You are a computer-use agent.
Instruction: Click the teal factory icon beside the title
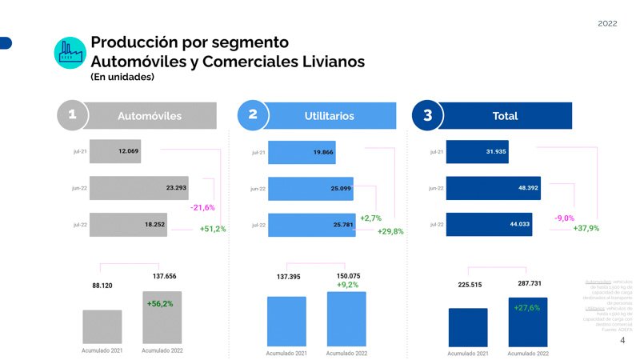[x=70, y=52]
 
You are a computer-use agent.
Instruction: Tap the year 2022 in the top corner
[x=607, y=23]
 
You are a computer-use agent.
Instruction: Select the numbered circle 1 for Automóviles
[x=72, y=115]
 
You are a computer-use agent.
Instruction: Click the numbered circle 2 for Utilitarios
[x=253, y=115]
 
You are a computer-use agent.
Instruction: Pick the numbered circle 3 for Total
[x=427, y=115]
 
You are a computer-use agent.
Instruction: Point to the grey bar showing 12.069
[x=115, y=151]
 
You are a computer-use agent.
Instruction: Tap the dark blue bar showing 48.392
[x=493, y=188]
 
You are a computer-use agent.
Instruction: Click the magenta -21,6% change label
[x=202, y=207]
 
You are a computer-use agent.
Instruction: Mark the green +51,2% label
[x=213, y=229]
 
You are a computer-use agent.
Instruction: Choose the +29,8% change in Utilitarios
[x=390, y=231]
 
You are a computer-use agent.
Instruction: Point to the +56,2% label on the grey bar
[x=160, y=304]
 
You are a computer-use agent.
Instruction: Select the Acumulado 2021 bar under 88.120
[x=102, y=326]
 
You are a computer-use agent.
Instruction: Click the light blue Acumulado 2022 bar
[x=346, y=320]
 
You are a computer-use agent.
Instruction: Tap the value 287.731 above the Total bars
[x=525, y=284]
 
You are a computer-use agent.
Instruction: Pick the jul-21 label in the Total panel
[x=436, y=152]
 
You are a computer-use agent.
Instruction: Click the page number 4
[x=622, y=340]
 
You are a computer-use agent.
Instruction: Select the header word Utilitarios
[x=329, y=116]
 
